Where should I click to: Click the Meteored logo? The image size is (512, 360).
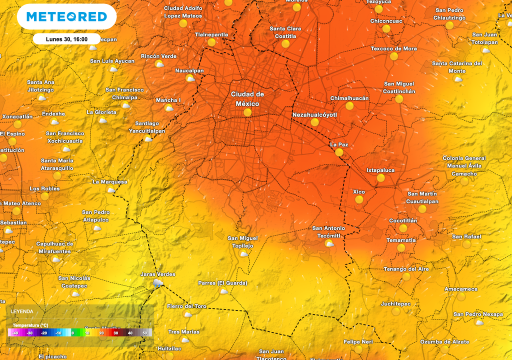tap(66, 16)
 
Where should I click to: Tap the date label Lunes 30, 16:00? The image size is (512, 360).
tap(66, 39)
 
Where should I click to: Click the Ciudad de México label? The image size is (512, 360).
tap(247, 99)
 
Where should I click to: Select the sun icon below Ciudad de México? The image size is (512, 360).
tap(247, 113)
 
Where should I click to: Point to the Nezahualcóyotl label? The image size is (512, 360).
tap(315, 114)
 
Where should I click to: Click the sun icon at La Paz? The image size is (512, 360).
tap(339, 152)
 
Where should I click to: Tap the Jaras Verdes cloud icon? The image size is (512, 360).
tap(157, 283)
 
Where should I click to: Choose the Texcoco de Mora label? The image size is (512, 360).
tap(393, 48)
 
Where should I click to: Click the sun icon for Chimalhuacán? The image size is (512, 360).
tap(349, 106)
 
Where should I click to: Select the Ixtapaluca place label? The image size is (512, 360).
tap(380, 170)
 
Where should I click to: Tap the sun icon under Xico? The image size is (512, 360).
tap(358, 199)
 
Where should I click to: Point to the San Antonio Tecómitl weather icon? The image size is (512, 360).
tap(329, 243)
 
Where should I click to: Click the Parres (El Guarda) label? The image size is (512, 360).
tap(222, 283)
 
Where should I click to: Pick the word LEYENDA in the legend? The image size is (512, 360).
tap(22, 311)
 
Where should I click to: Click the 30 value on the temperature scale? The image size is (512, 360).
tap(115, 332)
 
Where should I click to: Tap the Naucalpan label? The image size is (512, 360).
tap(189, 70)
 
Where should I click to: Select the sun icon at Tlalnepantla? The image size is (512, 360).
tap(211, 42)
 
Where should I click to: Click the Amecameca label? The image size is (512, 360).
tap(461, 289)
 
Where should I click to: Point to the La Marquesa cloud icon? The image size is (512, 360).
tap(111, 189)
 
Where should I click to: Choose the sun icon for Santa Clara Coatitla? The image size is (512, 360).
tap(285, 43)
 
